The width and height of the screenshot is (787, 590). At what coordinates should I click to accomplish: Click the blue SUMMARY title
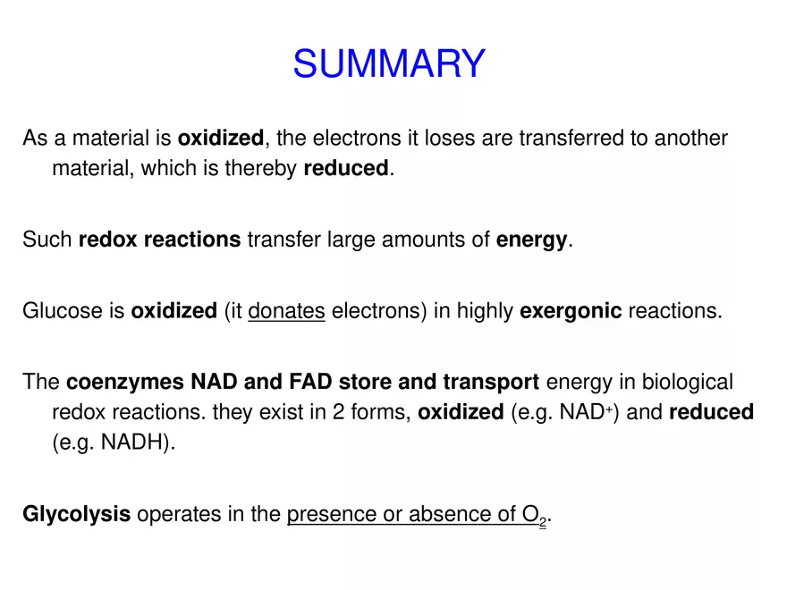point(389,64)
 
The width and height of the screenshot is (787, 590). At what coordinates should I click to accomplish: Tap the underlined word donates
point(286,311)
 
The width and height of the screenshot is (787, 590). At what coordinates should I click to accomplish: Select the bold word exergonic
point(571,311)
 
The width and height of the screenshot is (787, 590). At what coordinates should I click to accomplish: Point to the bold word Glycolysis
point(77,514)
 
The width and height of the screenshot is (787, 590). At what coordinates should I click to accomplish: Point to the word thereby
point(266,168)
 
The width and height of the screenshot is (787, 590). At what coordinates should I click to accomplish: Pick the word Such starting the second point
point(47,240)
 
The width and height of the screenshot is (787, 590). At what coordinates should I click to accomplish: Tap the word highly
point(485,311)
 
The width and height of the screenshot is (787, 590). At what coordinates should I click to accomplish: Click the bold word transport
point(491,383)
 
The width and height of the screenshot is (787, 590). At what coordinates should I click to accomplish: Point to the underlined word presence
point(326,514)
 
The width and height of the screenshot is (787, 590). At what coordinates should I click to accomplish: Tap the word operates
point(175,514)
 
